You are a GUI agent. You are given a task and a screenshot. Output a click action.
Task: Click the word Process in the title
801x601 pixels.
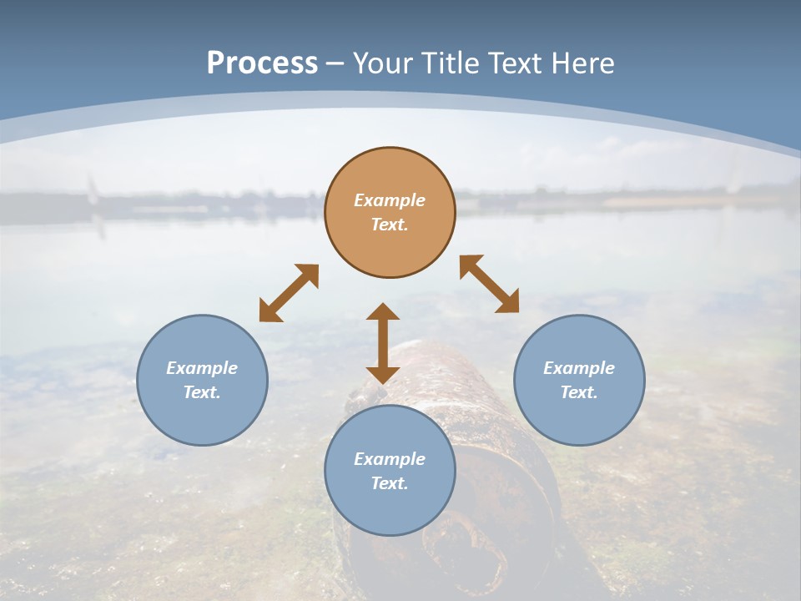pyautogui.click(x=262, y=63)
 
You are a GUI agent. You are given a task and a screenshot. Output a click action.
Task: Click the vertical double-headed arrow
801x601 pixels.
pyautogui.click(x=383, y=343)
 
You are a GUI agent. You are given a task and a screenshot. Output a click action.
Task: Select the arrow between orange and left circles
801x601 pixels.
pyautogui.click(x=289, y=293)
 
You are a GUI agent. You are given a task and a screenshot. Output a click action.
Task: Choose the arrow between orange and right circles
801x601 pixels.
pyautogui.click(x=489, y=284)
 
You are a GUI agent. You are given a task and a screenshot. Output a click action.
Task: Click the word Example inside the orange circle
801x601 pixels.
pyautogui.click(x=390, y=200)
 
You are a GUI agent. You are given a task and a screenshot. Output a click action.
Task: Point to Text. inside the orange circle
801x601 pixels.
pyautogui.click(x=390, y=225)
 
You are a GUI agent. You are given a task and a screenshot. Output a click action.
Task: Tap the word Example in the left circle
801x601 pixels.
pyautogui.click(x=202, y=368)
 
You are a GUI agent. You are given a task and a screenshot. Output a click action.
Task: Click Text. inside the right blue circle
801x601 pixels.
pyautogui.click(x=579, y=392)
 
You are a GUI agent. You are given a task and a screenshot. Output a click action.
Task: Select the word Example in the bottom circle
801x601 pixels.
pyautogui.click(x=390, y=459)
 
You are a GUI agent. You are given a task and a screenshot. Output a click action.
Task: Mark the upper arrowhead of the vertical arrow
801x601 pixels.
pyautogui.click(x=383, y=312)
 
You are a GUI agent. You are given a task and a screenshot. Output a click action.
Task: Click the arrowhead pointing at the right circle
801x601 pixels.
pyautogui.click(x=507, y=302)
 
